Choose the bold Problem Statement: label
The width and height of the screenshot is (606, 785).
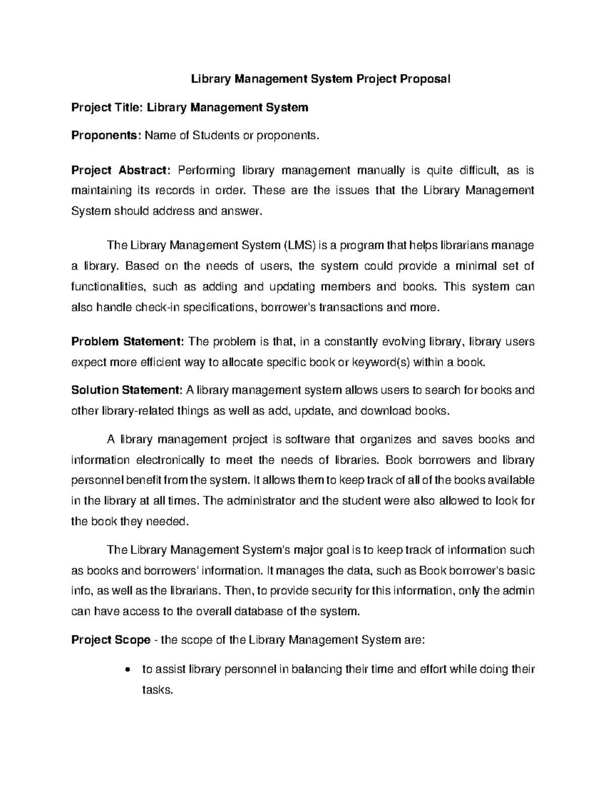coord(128,342)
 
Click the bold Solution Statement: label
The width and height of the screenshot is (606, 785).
coord(127,390)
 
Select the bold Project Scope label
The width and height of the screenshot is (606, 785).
coord(111,640)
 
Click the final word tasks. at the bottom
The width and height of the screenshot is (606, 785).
coord(158,690)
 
